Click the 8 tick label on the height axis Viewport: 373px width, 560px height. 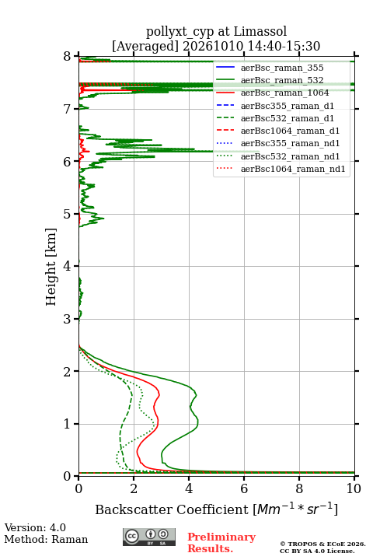(x=67, y=57)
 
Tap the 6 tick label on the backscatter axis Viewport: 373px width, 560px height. (x=244, y=488)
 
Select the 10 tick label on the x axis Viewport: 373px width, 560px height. (x=354, y=488)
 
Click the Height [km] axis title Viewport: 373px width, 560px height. (x=51, y=267)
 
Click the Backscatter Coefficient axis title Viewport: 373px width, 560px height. (x=216, y=509)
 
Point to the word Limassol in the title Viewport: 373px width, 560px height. (x=260, y=31)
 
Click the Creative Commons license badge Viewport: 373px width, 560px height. (x=149, y=537)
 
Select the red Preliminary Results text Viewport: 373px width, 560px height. (x=221, y=542)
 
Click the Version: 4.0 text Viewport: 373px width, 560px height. (x=35, y=527)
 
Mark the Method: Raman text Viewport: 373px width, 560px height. (x=46, y=539)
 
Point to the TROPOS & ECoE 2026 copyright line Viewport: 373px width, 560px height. (x=322, y=544)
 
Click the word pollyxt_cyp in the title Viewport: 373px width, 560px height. (x=180, y=32)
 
